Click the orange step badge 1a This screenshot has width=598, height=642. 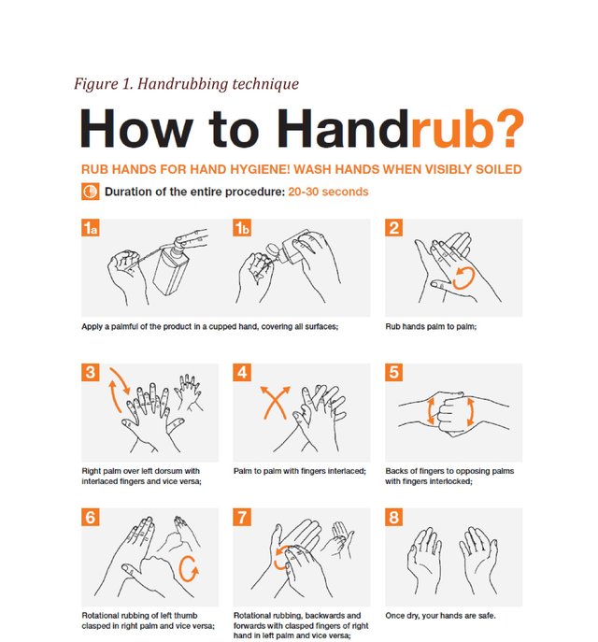tap(90, 228)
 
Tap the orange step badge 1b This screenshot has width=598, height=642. tap(242, 228)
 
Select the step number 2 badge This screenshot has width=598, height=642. tap(393, 228)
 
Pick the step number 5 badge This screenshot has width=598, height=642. tap(393, 372)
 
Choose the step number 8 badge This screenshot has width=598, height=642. tap(393, 517)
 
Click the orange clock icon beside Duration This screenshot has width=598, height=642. tap(90, 192)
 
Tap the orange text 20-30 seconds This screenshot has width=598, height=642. tap(328, 192)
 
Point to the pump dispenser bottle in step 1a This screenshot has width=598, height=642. tap(172, 265)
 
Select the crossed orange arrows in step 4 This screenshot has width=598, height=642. tap(275, 403)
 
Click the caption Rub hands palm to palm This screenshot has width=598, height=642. tap(431, 327)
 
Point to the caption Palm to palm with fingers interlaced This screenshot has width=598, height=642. tap(300, 471)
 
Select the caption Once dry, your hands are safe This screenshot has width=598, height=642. tap(440, 616)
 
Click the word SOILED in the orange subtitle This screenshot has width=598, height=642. tap(499, 169)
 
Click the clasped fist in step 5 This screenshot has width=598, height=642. tap(450, 414)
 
